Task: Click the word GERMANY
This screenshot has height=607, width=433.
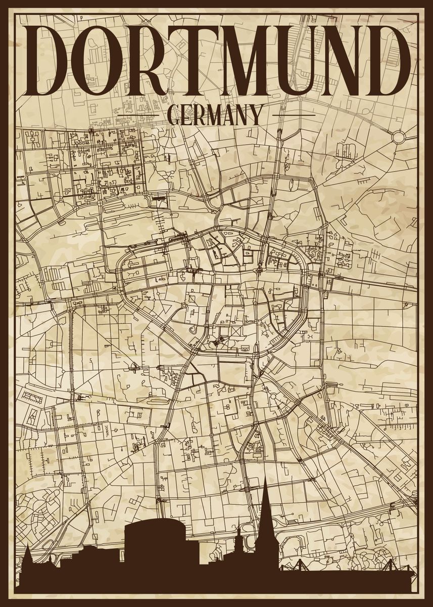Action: pyautogui.click(x=215, y=115)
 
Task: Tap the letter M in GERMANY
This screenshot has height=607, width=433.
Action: pyautogui.click(x=215, y=115)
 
